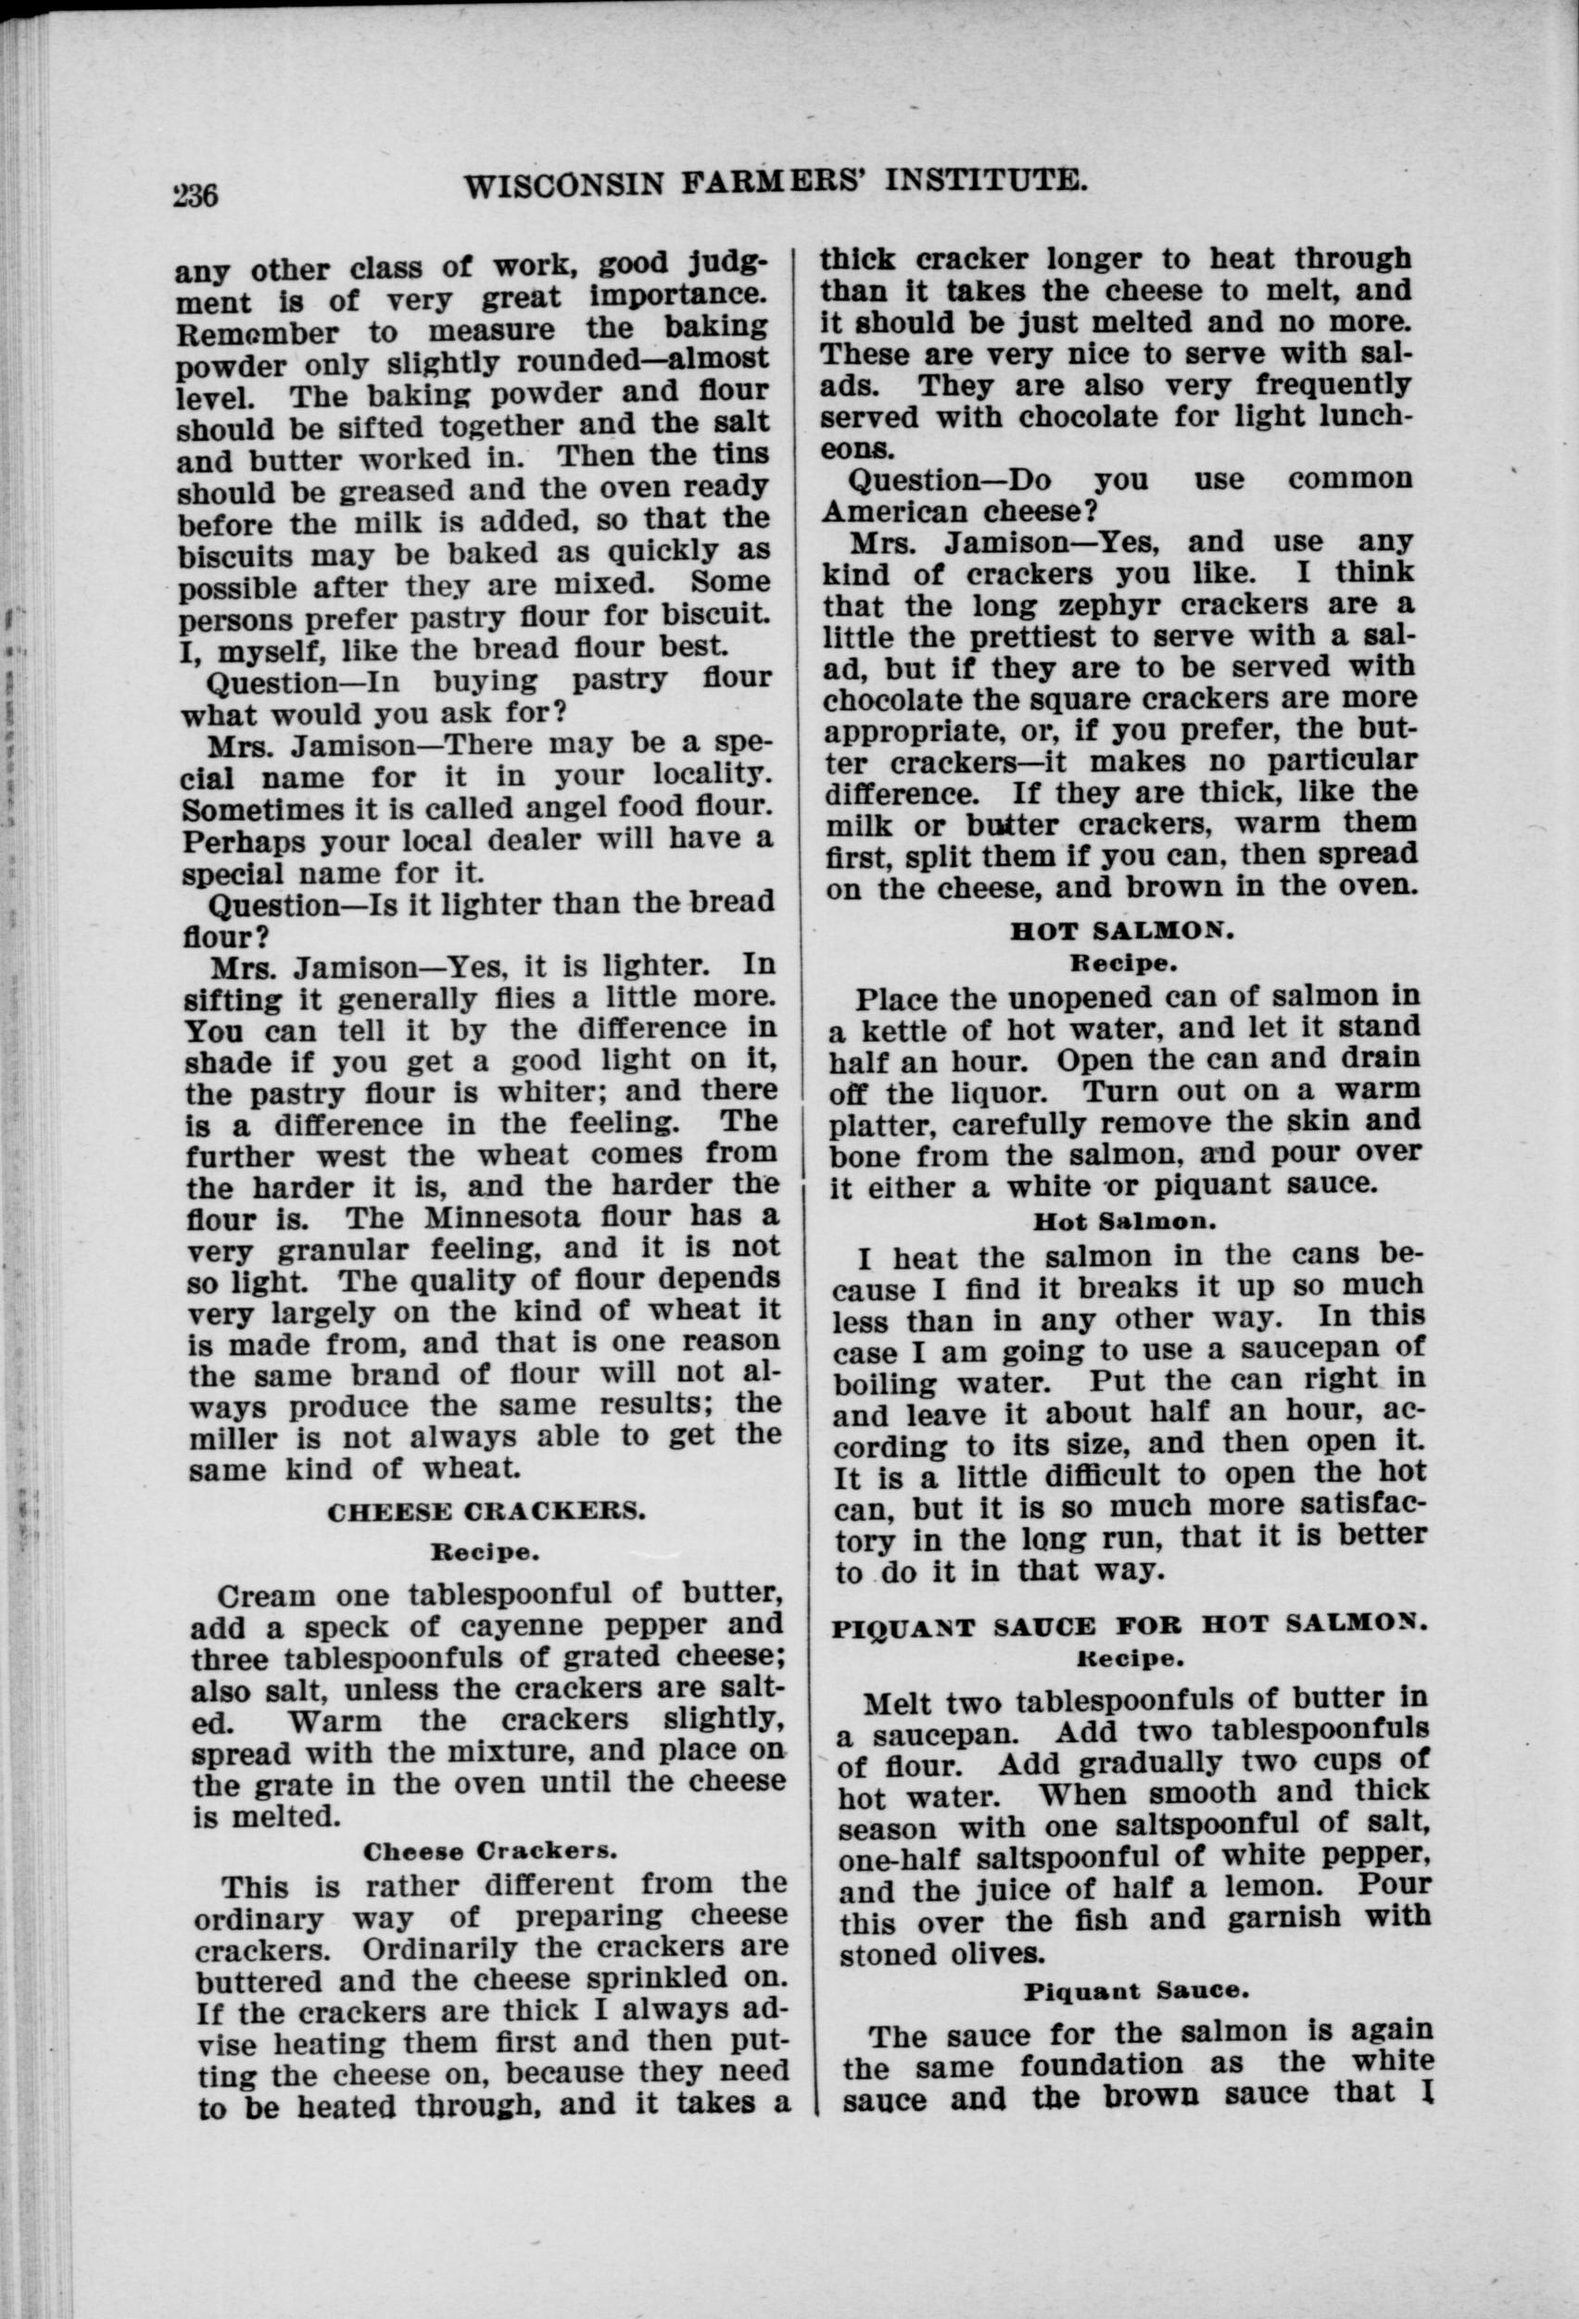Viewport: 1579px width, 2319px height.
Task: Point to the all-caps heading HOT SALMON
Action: click(x=1122, y=932)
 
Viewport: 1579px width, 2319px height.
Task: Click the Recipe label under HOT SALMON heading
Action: click(x=1124, y=965)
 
